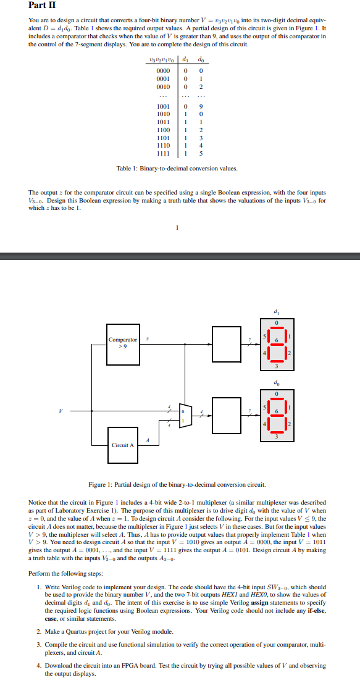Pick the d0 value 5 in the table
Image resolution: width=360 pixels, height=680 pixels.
point(200,153)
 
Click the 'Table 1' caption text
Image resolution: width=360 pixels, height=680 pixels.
point(177,169)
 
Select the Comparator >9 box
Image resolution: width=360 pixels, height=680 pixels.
point(123,342)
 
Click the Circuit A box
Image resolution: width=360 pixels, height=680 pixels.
point(123,445)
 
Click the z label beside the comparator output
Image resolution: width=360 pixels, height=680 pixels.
point(146,337)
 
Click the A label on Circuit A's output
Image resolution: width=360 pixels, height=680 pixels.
point(146,440)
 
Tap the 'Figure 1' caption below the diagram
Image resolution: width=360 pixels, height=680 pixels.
point(178,484)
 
